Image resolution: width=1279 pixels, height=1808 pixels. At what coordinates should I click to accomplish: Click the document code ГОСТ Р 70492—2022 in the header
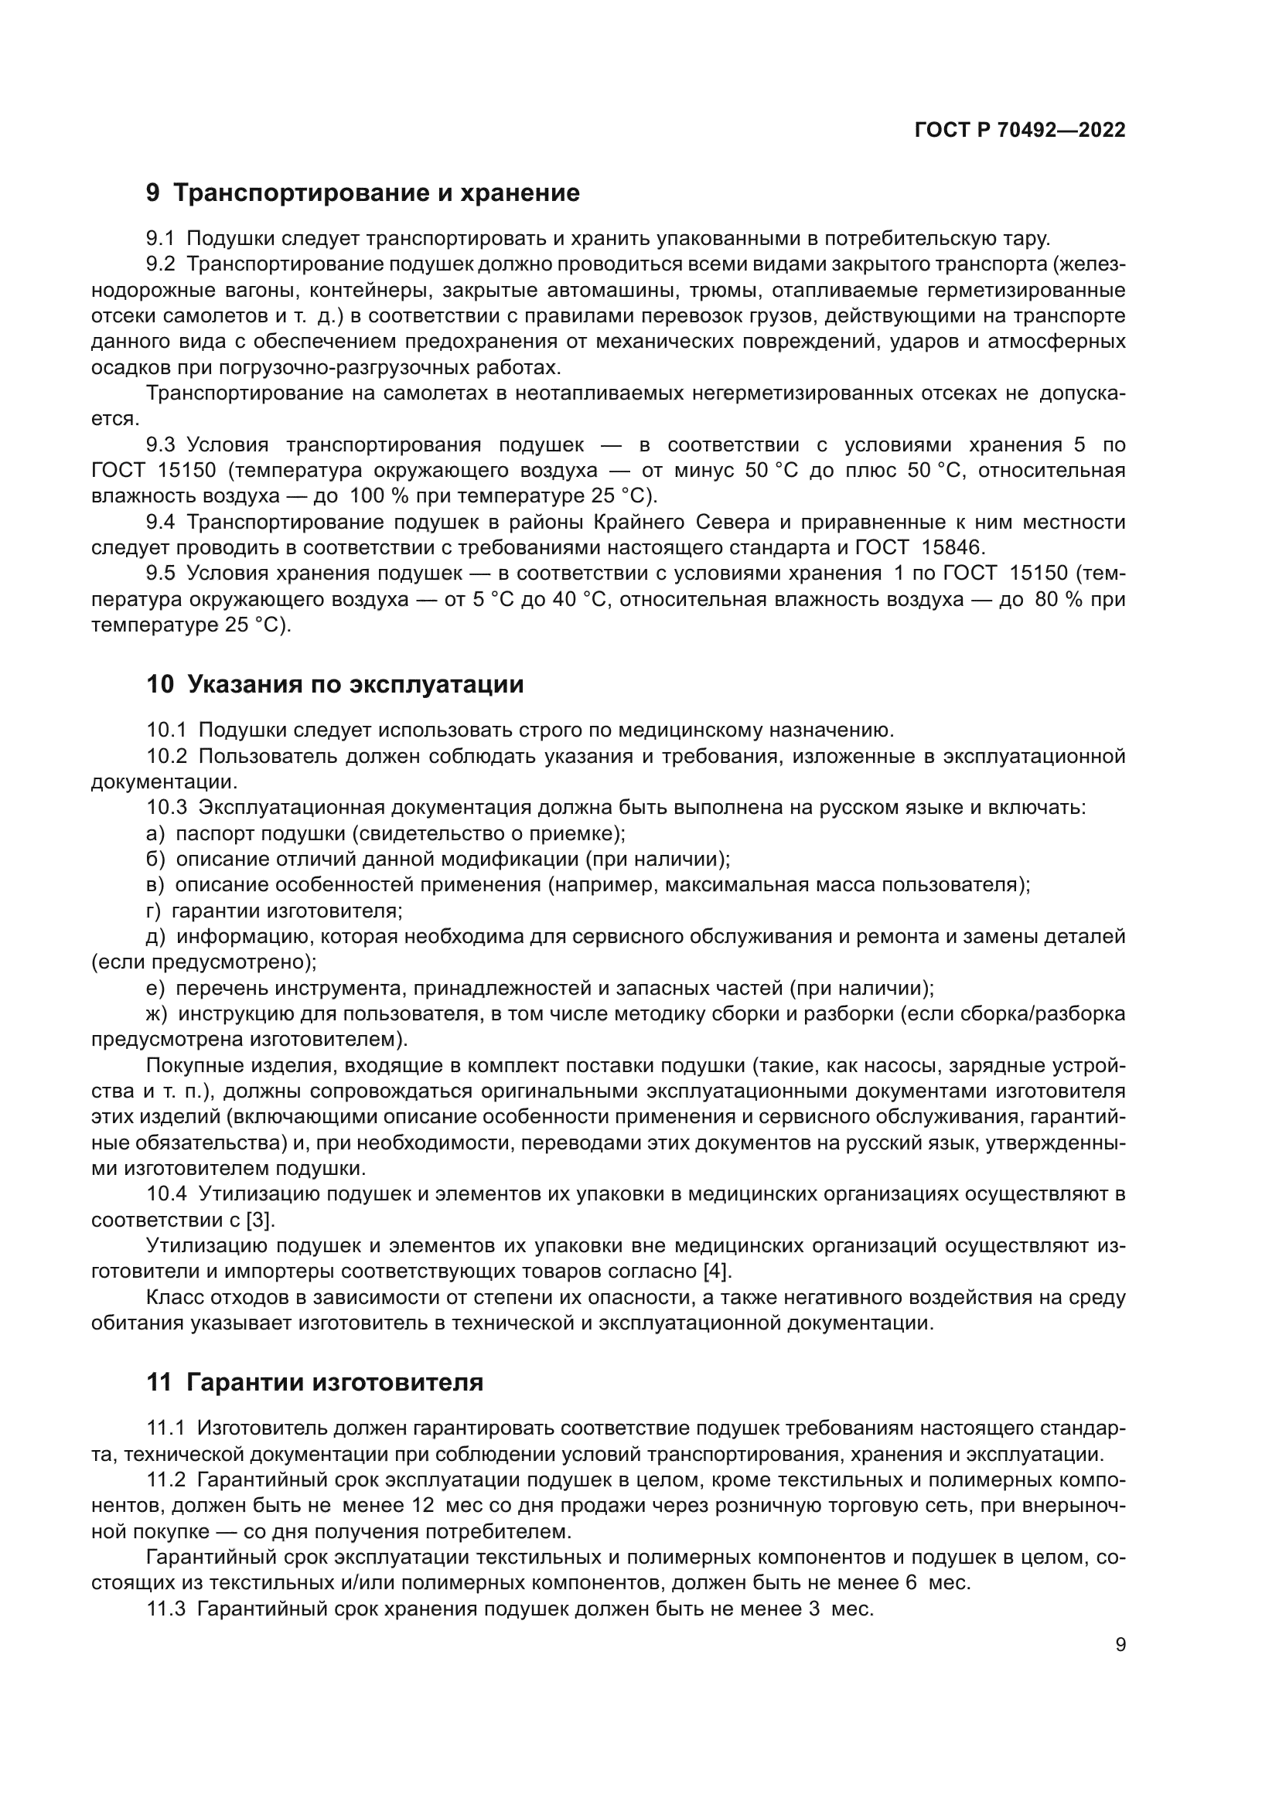tap(1020, 131)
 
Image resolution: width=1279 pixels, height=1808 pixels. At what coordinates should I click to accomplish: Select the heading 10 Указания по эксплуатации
tap(335, 684)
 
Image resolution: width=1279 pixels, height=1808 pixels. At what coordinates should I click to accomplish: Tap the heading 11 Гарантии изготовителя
tap(315, 1382)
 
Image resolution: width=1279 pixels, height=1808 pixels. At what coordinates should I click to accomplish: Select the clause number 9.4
tap(161, 522)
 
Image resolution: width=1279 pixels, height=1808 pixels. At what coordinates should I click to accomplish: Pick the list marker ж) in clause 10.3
tap(158, 1014)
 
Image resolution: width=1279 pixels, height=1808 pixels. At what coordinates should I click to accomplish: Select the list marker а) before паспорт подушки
tap(155, 833)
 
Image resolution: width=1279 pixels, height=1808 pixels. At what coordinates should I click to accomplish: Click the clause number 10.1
tap(166, 730)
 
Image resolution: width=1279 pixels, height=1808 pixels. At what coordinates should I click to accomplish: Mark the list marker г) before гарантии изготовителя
tap(154, 911)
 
